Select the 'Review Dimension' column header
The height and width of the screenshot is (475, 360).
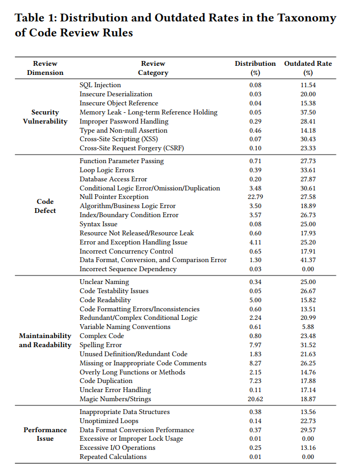point(45,68)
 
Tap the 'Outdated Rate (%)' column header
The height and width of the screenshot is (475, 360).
point(308,68)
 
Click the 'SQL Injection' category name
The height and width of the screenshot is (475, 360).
point(100,85)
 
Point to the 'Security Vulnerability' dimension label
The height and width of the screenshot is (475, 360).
point(45,117)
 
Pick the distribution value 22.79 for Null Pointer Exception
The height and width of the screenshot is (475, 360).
point(255,197)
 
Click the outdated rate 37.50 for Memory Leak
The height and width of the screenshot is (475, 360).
point(308,112)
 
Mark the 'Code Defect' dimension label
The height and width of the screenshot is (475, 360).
point(45,206)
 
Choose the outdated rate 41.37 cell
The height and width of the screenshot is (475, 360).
point(308,260)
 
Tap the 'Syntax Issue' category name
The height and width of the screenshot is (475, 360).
point(98,224)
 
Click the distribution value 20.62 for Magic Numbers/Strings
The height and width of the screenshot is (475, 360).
point(255,399)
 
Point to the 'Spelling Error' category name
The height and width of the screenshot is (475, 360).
point(101,345)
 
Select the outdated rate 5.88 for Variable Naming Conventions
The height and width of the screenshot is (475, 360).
point(308,327)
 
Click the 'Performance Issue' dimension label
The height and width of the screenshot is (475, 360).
point(45,434)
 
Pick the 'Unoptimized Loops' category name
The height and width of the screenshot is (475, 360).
point(108,421)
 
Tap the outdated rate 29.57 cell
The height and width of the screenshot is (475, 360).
point(308,430)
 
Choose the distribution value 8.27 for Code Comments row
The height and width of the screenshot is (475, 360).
point(255,363)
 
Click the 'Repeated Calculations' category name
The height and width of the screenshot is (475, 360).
point(113,457)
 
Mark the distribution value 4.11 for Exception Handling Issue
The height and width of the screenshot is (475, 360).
point(255,242)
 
